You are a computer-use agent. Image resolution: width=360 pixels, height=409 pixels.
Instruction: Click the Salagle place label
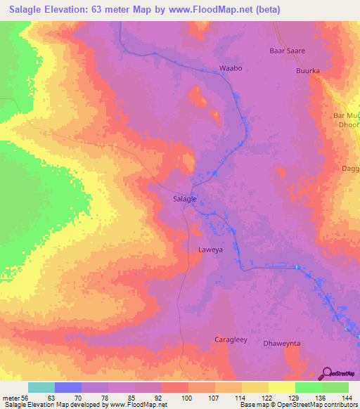click(x=184, y=199)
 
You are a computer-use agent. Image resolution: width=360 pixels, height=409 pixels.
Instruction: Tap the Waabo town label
click(x=231, y=68)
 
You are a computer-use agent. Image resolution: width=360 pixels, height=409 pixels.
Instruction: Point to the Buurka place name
click(x=308, y=71)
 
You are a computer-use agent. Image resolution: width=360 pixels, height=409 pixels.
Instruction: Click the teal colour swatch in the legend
click(x=41, y=387)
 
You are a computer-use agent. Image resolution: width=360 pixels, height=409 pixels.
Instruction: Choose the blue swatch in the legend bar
click(x=68, y=387)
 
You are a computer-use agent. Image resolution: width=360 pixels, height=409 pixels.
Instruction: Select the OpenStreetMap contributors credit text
click(x=316, y=405)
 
